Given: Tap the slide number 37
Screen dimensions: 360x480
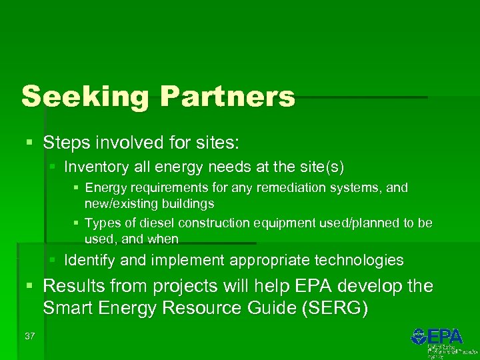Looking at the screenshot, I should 29,336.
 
